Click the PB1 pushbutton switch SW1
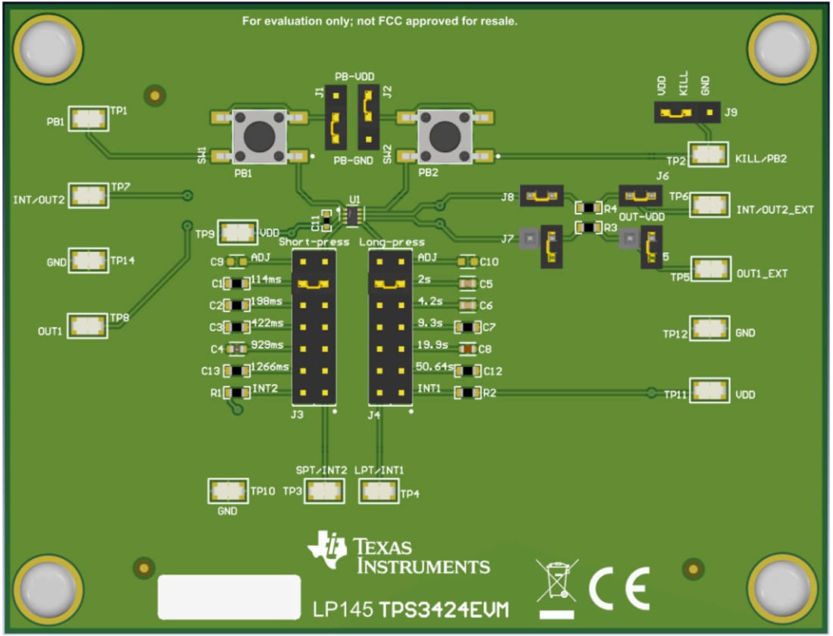point(260,136)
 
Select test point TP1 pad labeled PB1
point(89,118)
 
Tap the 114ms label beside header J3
point(266,279)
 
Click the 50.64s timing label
point(435,367)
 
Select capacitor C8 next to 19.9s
point(467,349)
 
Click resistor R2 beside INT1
point(467,392)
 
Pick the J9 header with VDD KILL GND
point(685,114)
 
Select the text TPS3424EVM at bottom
point(444,610)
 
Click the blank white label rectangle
point(229,596)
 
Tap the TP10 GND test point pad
point(228,491)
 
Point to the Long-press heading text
point(392,242)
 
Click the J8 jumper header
point(541,196)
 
